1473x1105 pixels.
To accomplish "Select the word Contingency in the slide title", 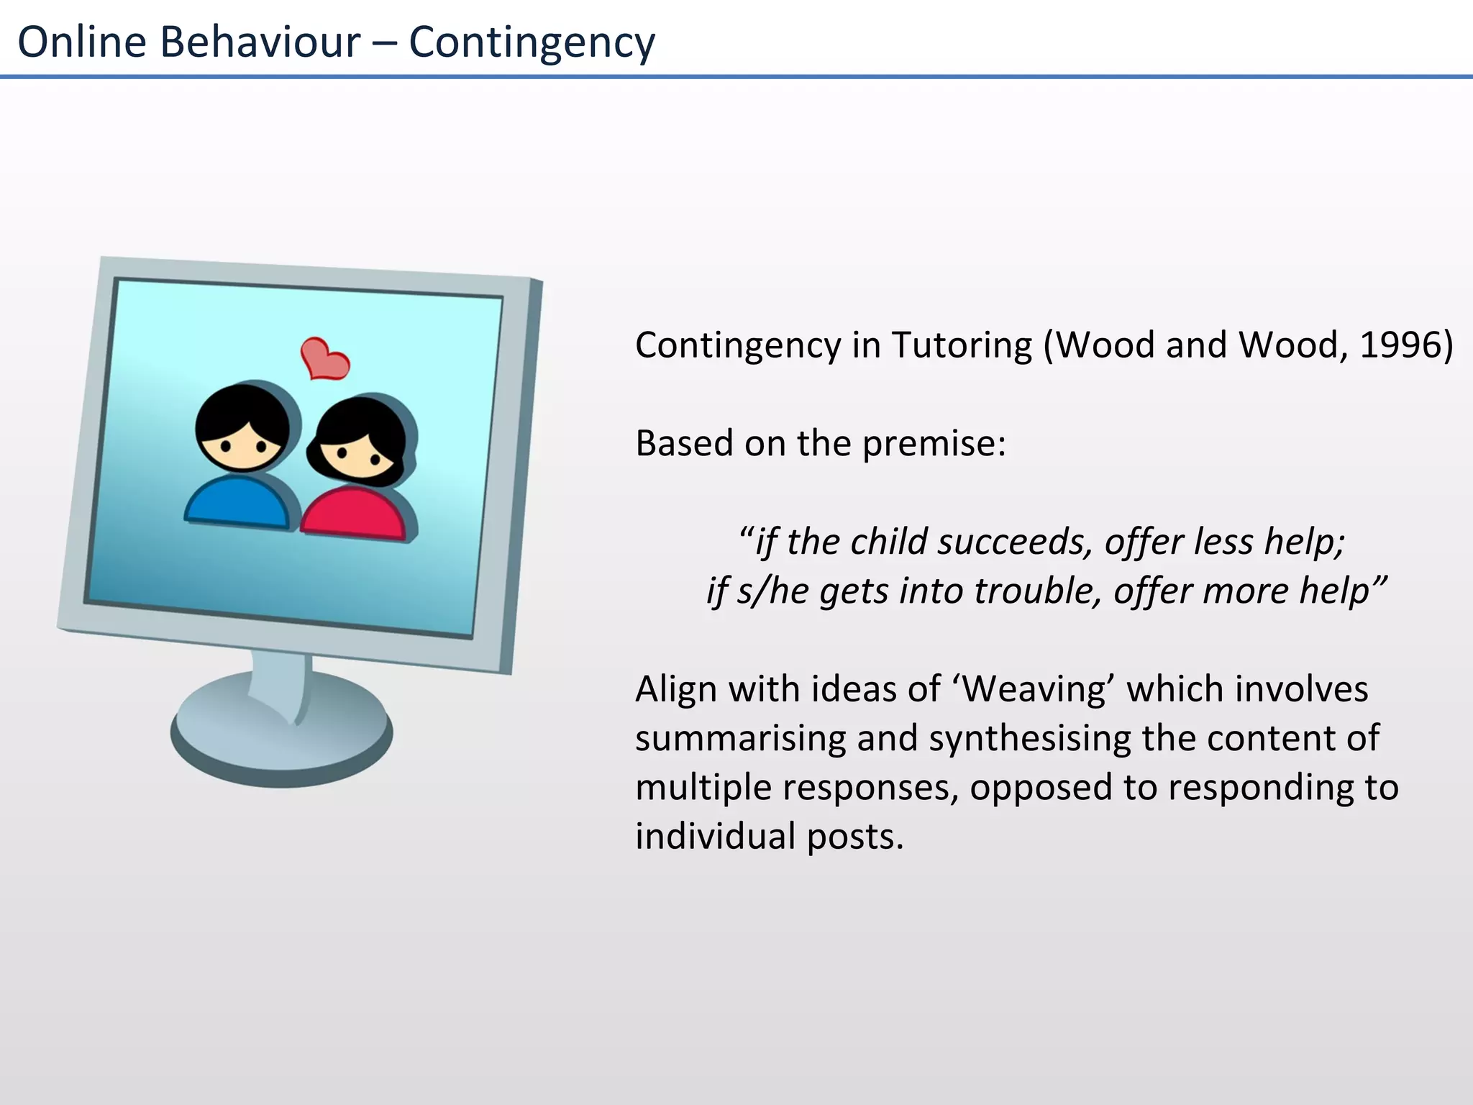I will pos(532,42).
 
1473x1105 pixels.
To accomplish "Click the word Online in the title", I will pos(82,42).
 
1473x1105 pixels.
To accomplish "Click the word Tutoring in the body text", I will pos(962,345).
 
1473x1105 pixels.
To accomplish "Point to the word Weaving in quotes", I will pos(1034,689).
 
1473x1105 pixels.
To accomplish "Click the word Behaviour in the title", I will pos(260,42).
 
